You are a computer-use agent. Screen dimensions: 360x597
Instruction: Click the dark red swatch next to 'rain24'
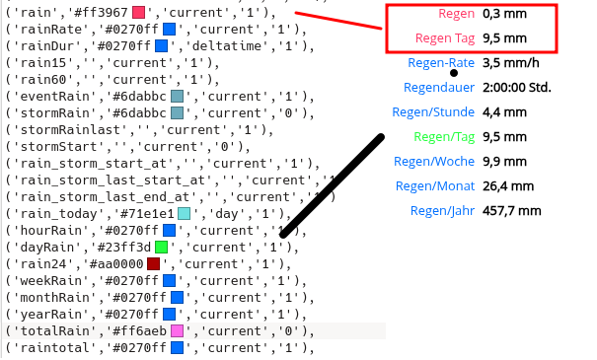(x=153, y=263)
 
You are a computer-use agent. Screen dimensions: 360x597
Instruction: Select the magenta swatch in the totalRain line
(x=177, y=330)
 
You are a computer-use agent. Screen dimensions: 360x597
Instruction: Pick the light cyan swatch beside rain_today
(x=184, y=213)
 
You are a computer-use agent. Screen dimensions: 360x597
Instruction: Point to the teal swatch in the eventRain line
(x=177, y=96)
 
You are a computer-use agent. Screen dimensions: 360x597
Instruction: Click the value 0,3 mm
(x=503, y=14)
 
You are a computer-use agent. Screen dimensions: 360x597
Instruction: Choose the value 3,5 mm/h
(x=510, y=63)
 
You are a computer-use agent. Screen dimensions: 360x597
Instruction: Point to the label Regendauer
(x=439, y=87)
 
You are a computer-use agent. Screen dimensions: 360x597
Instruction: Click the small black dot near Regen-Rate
(x=454, y=73)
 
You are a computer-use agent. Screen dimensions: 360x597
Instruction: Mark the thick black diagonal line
(x=332, y=185)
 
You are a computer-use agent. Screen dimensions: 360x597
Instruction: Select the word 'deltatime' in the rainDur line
(x=224, y=45)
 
